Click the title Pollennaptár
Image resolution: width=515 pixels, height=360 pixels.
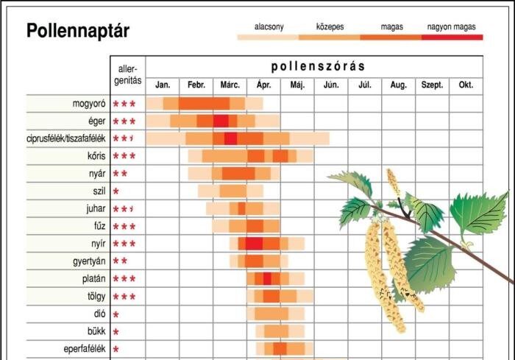click(78, 31)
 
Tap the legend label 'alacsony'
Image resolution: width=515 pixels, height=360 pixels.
click(269, 27)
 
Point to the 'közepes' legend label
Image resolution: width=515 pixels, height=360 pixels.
click(330, 27)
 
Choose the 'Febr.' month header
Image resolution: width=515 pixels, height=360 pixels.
click(196, 85)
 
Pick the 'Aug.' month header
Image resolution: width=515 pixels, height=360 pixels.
click(398, 85)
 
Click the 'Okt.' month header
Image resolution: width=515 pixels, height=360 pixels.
click(466, 85)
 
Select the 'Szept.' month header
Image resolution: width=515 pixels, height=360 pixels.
click(432, 85)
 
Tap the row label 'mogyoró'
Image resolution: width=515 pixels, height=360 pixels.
click(86, 104)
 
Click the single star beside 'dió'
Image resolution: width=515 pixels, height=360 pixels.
click(116, 314)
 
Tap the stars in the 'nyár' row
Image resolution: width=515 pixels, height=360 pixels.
click(120, 174)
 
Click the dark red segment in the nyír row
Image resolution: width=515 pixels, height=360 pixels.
click(254, 244)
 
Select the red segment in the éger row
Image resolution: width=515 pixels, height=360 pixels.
click(221, 121)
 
